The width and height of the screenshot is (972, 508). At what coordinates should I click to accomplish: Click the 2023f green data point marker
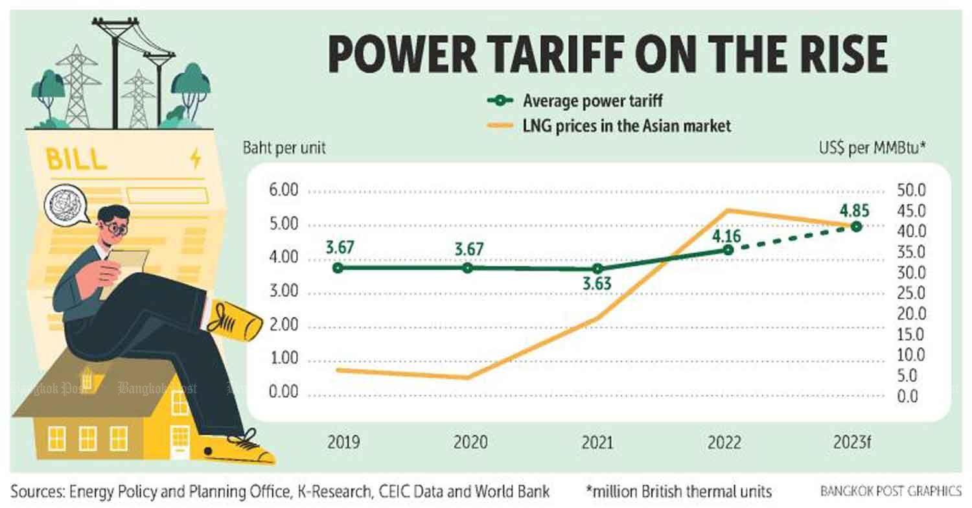[x=856, y=226]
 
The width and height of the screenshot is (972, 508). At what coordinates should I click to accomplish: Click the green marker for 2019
[x=338, y=268]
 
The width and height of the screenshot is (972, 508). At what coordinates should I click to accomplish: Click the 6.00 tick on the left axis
[x=280, y=192]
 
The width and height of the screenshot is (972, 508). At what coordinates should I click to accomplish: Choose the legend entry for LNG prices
[x=609, y=125]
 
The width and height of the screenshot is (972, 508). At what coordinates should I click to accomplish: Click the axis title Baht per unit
[x=284, y=148]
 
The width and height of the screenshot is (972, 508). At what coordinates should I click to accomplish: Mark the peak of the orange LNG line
[x=728, y=210]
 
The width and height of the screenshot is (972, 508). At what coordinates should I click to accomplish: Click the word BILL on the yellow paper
[x=77, y=160]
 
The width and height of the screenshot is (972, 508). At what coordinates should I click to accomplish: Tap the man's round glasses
[x=115, y=227]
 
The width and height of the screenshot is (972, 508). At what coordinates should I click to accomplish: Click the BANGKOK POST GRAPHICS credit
[x=890, y=491]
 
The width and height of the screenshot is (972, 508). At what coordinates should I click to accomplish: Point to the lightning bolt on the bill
[x=195, y=159]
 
